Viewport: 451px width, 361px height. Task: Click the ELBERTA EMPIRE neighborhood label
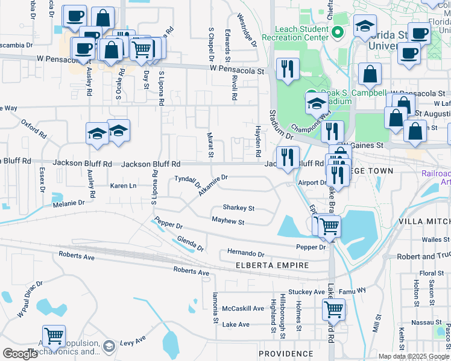click(272, 265)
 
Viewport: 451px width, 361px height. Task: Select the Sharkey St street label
click(239, 208)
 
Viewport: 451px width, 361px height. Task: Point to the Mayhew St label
click(227, 222)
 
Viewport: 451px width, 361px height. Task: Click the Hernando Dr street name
click(245, 253)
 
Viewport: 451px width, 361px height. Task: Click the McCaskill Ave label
click(243, 309)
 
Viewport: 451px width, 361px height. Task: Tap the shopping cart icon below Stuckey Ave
click(333, 309)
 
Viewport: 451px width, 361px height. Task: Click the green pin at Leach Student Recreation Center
click(338, 31)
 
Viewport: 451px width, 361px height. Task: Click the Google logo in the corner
click(20, 354)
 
